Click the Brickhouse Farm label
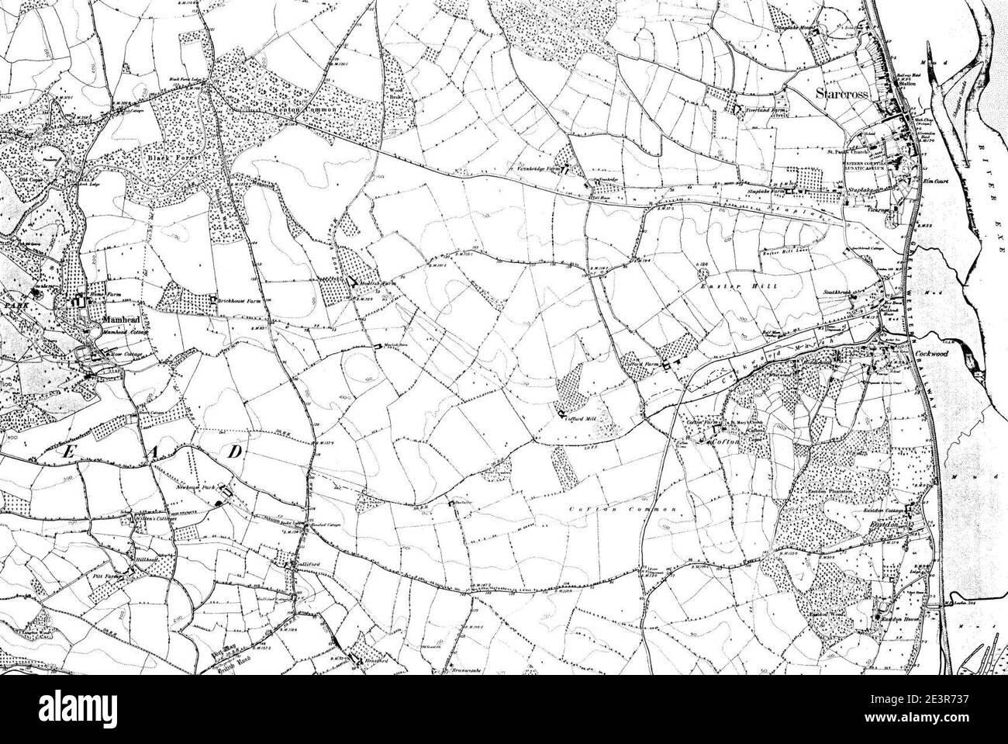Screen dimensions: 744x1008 240,299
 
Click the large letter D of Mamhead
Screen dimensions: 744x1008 233,451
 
